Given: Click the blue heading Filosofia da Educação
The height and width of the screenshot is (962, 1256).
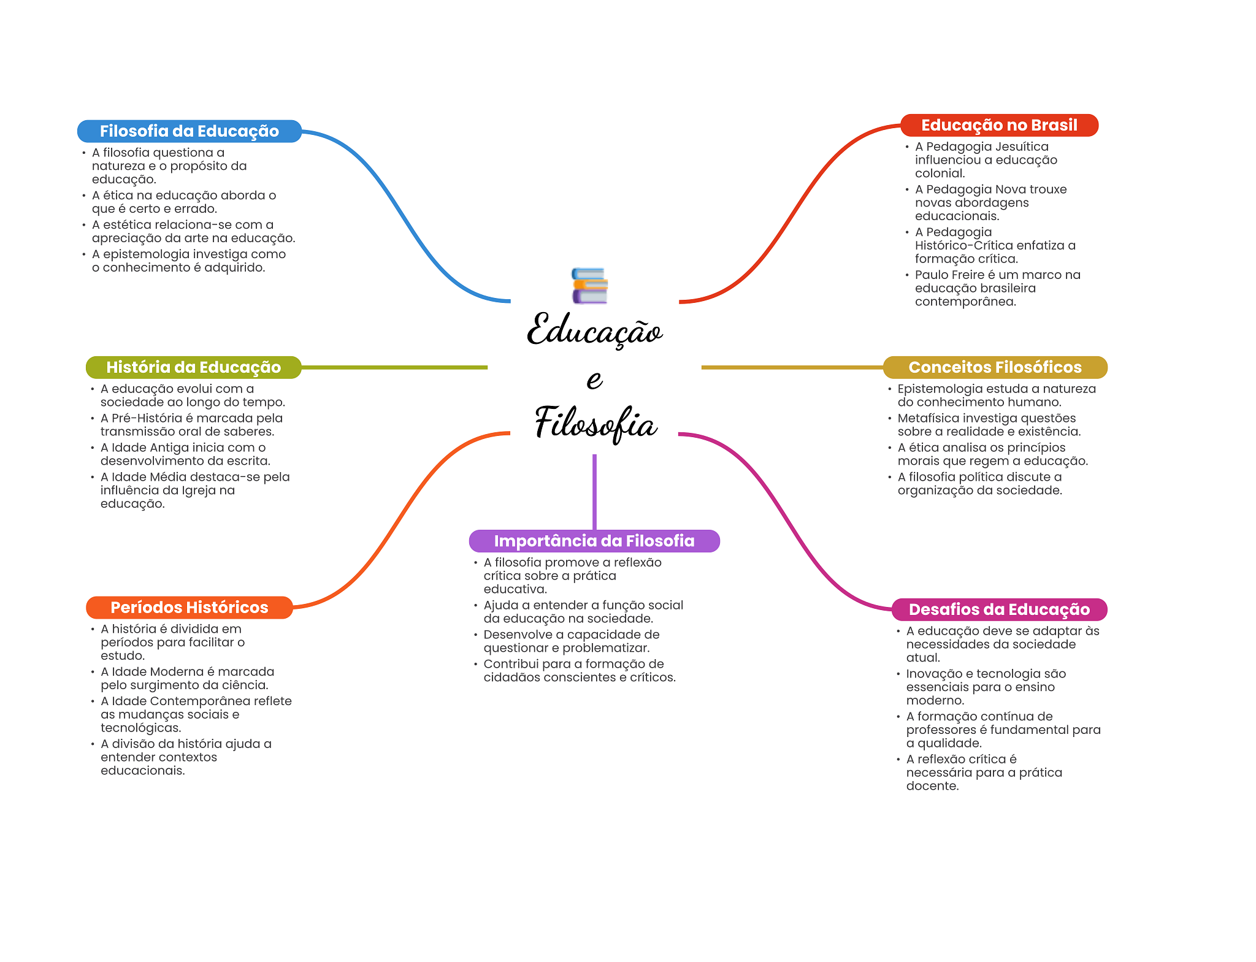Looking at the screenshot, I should coord(189,131).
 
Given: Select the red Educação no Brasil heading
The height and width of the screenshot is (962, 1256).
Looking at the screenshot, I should coord(998,125).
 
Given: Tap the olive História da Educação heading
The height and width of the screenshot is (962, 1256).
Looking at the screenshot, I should coord(193,367).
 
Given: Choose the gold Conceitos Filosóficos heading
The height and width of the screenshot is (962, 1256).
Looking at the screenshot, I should coord(994,367).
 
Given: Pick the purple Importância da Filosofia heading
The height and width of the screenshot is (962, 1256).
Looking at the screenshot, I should coord(594,541).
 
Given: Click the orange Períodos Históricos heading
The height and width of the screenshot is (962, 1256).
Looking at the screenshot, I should coord(189,608).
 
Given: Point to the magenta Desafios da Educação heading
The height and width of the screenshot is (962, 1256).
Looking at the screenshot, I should coord(998,609).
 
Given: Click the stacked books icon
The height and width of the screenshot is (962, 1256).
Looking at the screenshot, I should coord(589,286).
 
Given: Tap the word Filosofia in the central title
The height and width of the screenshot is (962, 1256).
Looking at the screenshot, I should coord(595,423).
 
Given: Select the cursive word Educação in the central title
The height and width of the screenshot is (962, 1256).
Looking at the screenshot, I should coord(594,331).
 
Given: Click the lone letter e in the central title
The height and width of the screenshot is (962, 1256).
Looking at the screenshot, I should coord(594,380).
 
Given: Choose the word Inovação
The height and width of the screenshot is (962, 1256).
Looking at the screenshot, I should coord(931,674).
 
